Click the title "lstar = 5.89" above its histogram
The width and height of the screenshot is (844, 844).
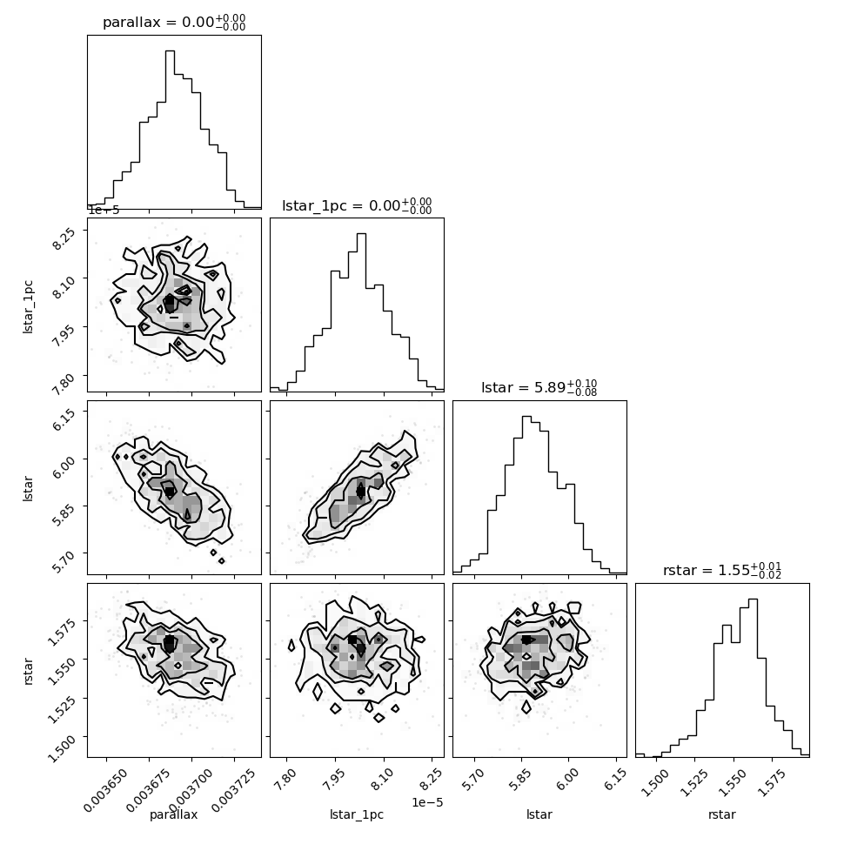pos(539,387)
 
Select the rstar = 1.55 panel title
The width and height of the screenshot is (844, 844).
pos(722,570)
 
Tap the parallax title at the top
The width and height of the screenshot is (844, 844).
pos(174,23)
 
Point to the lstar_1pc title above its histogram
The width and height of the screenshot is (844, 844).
pos(357,205)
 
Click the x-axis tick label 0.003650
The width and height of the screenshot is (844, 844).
pos(106,790)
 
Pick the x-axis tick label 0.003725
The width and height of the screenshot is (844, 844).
pos(233,790)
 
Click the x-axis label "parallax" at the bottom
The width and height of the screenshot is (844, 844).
pos(173,815)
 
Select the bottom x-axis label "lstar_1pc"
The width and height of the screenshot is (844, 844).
pos(357,815)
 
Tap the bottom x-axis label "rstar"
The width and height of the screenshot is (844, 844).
pos(722,814)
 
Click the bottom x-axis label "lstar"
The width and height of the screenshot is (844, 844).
pos(539,814)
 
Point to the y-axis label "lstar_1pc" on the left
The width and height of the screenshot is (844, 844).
pos(28,307)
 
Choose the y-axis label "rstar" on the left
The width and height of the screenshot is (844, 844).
pos(28,671)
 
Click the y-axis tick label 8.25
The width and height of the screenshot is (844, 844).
pos(63,238)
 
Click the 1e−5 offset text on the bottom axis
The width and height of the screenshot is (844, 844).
pos(427,802)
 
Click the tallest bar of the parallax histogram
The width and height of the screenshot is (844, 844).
pos(170,129)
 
